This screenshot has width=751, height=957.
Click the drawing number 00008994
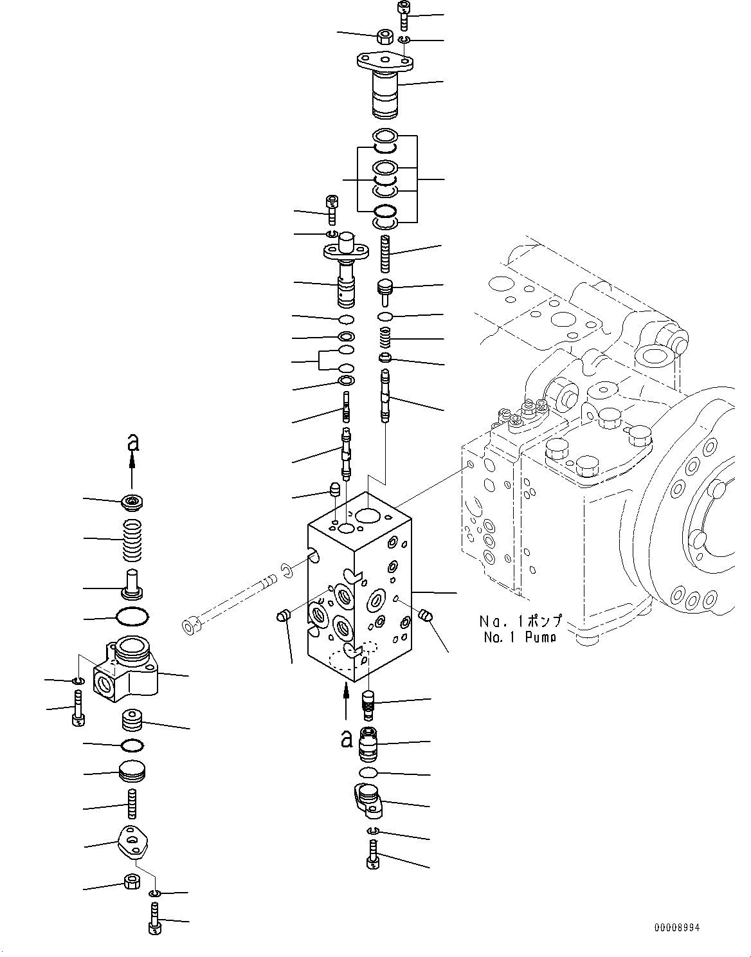(x=676, y=927)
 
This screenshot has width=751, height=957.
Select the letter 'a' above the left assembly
(x=132, y=442)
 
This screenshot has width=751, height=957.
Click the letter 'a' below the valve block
(x=347, y=740)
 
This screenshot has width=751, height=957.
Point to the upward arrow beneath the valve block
(x=346, y=701)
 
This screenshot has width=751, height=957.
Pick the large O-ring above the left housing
(x=132, y=617)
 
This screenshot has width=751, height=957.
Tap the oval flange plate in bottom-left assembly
(x=134, y=843)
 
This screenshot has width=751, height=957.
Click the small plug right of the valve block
(x=425, y=616)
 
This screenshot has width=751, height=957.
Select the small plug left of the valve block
(x=281, y=617)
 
